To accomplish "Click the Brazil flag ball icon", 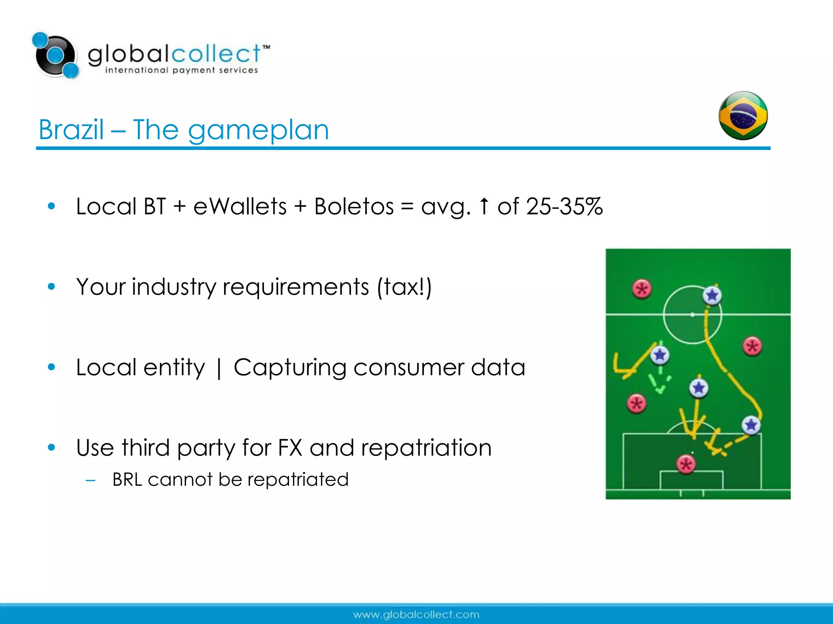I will [743, 116].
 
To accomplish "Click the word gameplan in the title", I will [258, 131].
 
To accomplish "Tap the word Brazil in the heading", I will [71, 130].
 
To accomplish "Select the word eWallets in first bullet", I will [240, 206].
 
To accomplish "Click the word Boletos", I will [354, 206].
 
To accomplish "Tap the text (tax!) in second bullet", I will [404, 287].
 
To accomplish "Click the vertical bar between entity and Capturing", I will [219, 368].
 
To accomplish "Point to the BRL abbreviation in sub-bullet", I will [127, 480].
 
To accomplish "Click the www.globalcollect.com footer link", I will [416, 614].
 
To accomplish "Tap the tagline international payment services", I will [181, 70].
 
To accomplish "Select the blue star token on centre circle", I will [712, 295].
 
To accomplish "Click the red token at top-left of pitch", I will [642, 289].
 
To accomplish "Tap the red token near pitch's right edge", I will [752, 347].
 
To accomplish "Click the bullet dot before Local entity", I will [51, 367].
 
